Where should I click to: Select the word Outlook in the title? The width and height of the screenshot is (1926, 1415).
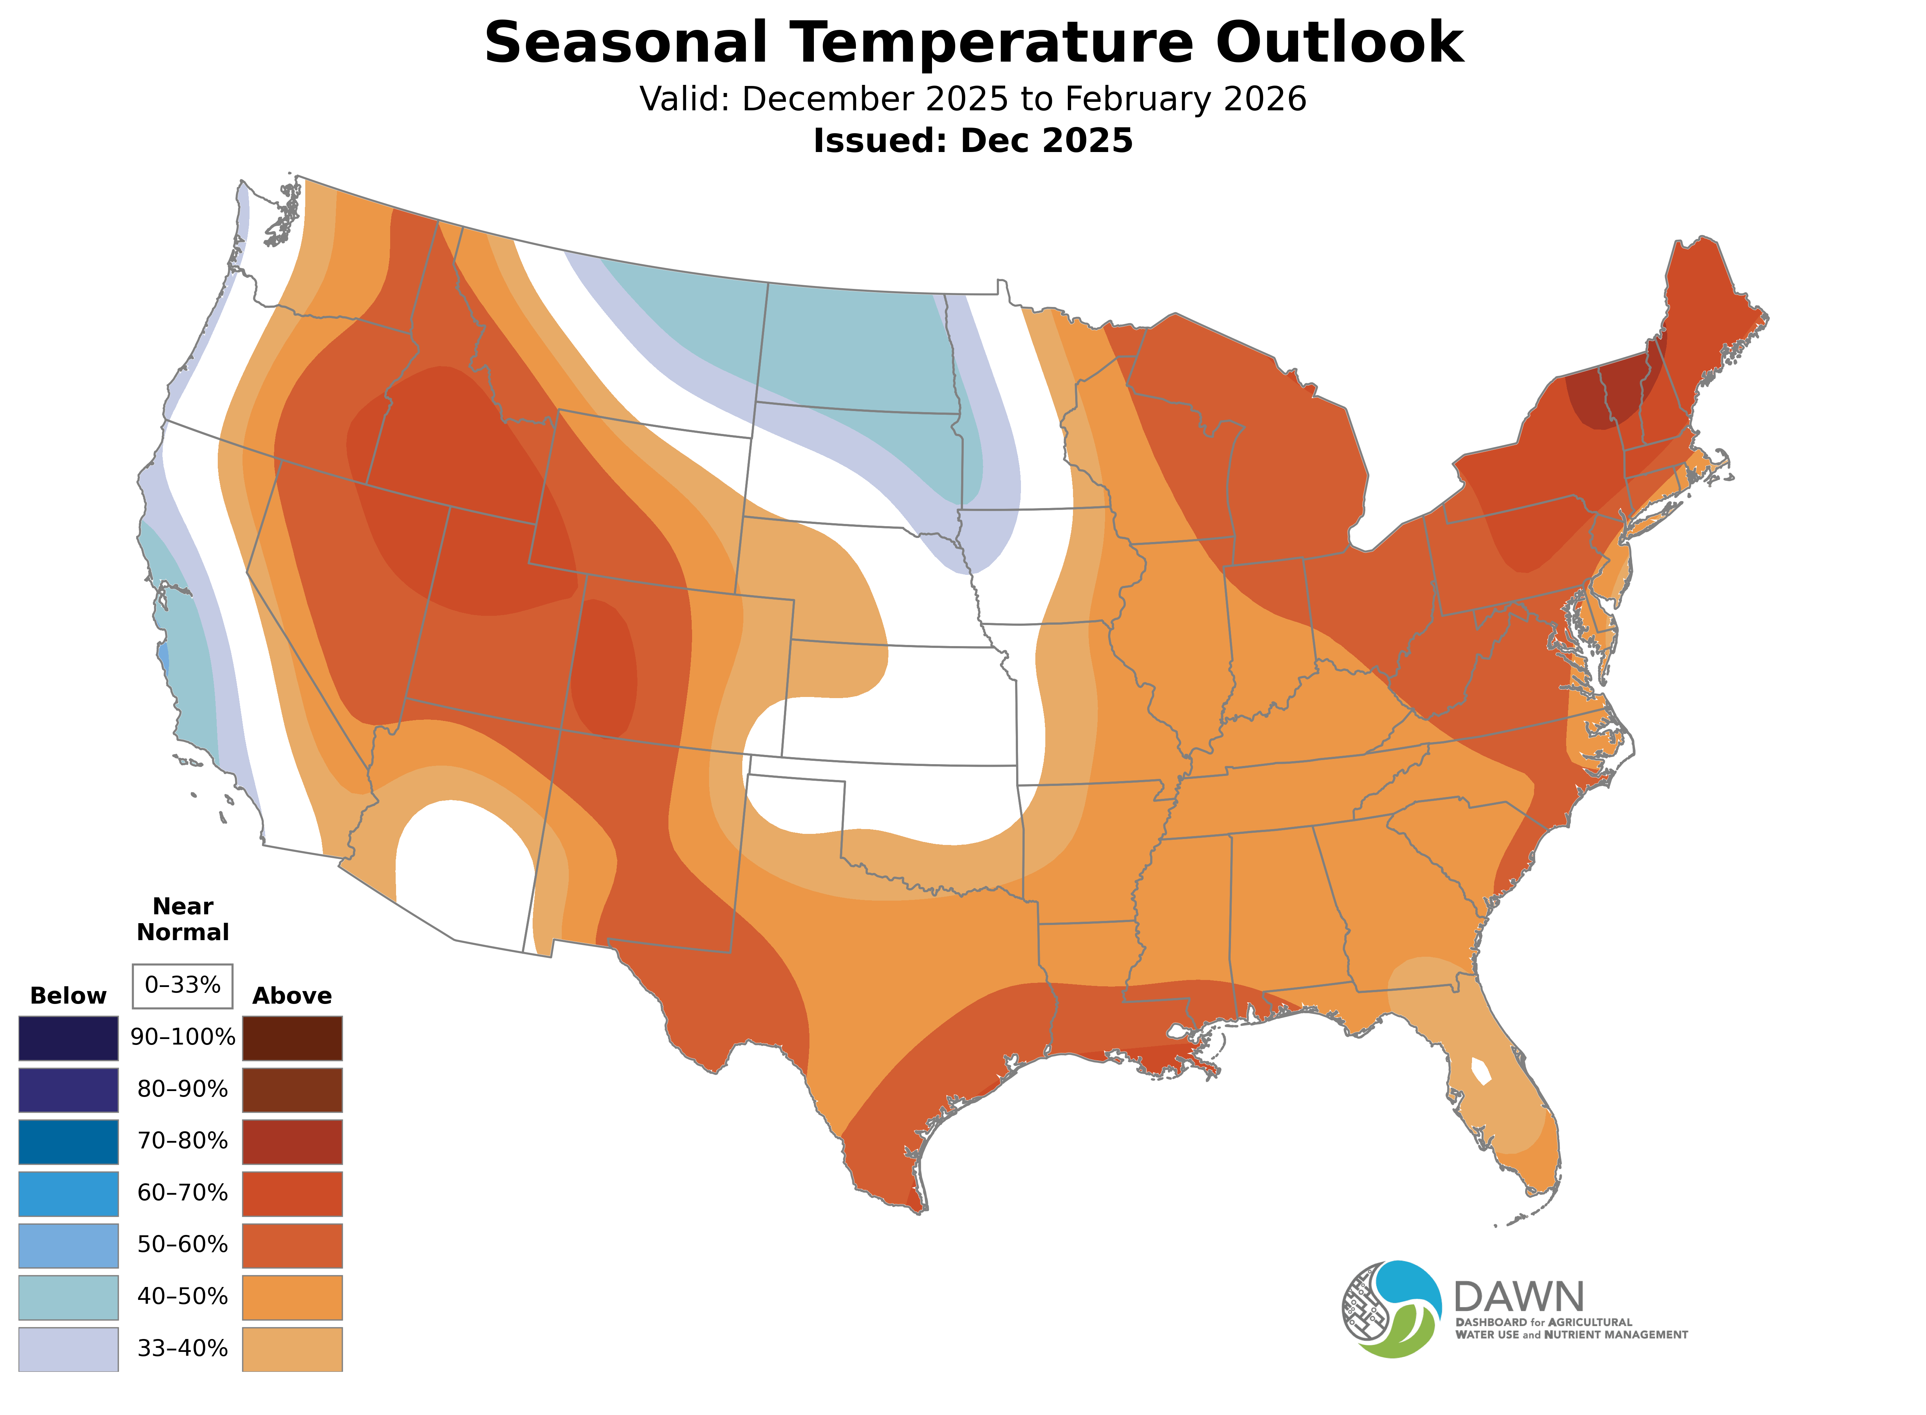point(1339,43)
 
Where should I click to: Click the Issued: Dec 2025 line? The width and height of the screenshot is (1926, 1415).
point(973,141)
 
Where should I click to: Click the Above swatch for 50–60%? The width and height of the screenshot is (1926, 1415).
point(292,1245)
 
